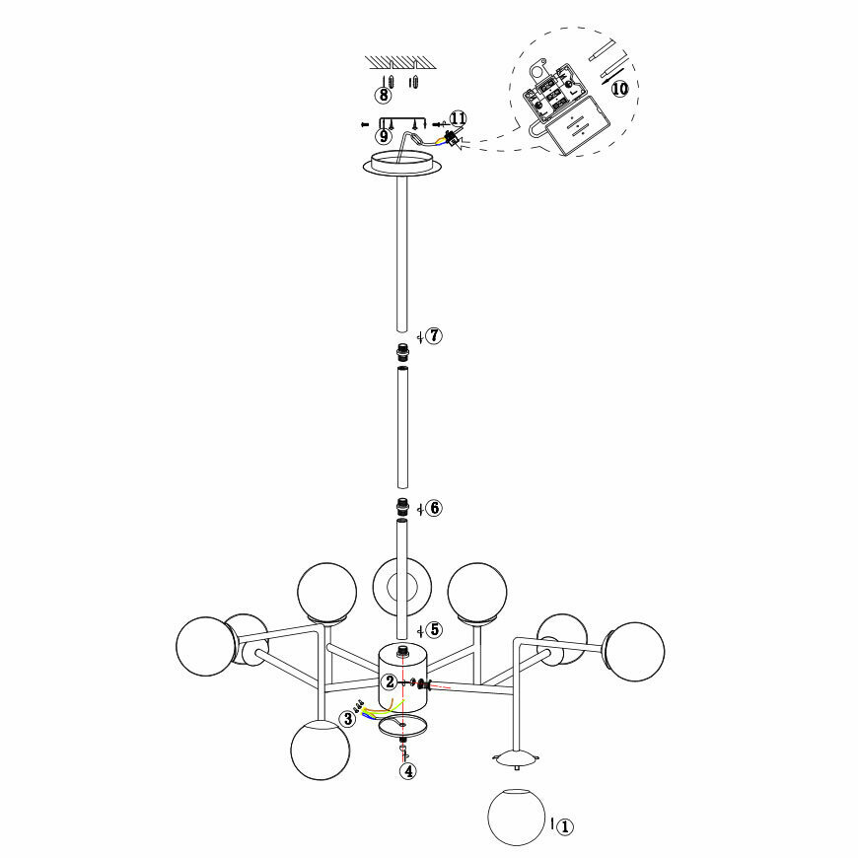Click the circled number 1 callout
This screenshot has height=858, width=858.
coord(565,826)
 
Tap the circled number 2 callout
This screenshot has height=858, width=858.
coord(390,681)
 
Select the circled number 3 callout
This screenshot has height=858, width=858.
coord(348,719)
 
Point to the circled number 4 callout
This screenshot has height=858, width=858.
coord(408,771)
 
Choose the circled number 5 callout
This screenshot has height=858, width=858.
coord(434,630)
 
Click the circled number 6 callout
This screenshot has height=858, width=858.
coord(434,508)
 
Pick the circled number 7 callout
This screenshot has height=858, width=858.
coord(434,335)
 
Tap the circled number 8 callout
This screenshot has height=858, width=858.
coord(384,95)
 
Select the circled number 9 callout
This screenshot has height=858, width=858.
coord(384,136)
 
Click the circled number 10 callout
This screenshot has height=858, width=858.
coord(619,89)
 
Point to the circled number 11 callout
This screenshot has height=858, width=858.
coord(458,118)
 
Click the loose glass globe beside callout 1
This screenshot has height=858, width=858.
coord(517,817)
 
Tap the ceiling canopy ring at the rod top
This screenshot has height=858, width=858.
coord(402,164)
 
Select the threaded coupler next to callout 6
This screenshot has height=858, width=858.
coord(402,507)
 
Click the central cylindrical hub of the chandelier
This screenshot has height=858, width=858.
coord(403,678)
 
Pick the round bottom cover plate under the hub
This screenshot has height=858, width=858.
coord(403,727)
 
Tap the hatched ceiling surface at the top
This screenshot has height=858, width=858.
coord(401,62)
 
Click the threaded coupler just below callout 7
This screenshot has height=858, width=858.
coord(402,352)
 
